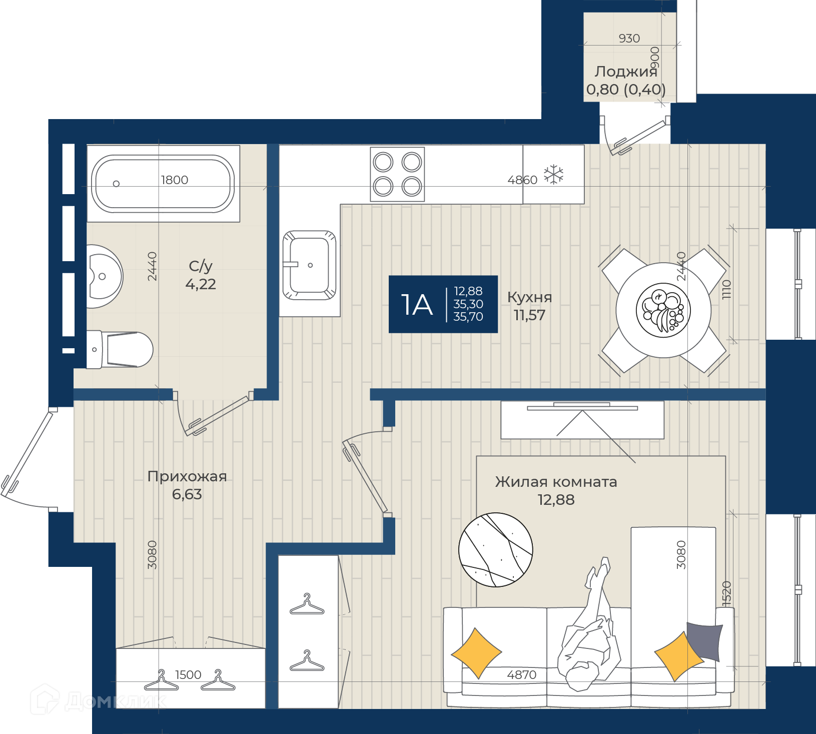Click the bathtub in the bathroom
163,184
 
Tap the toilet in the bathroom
120,350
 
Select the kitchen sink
309,265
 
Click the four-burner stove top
397,174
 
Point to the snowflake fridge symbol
553,175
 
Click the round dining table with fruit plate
663,310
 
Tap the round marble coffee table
496,550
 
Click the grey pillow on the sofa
705,641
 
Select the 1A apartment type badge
443,304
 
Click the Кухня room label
530,297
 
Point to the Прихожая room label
187,476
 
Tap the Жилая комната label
556,482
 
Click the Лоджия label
626,72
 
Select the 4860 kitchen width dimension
522,180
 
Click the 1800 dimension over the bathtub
175,180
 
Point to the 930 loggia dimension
629,39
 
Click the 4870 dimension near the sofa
522,675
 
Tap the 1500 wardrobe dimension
188,675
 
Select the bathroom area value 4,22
201,284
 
